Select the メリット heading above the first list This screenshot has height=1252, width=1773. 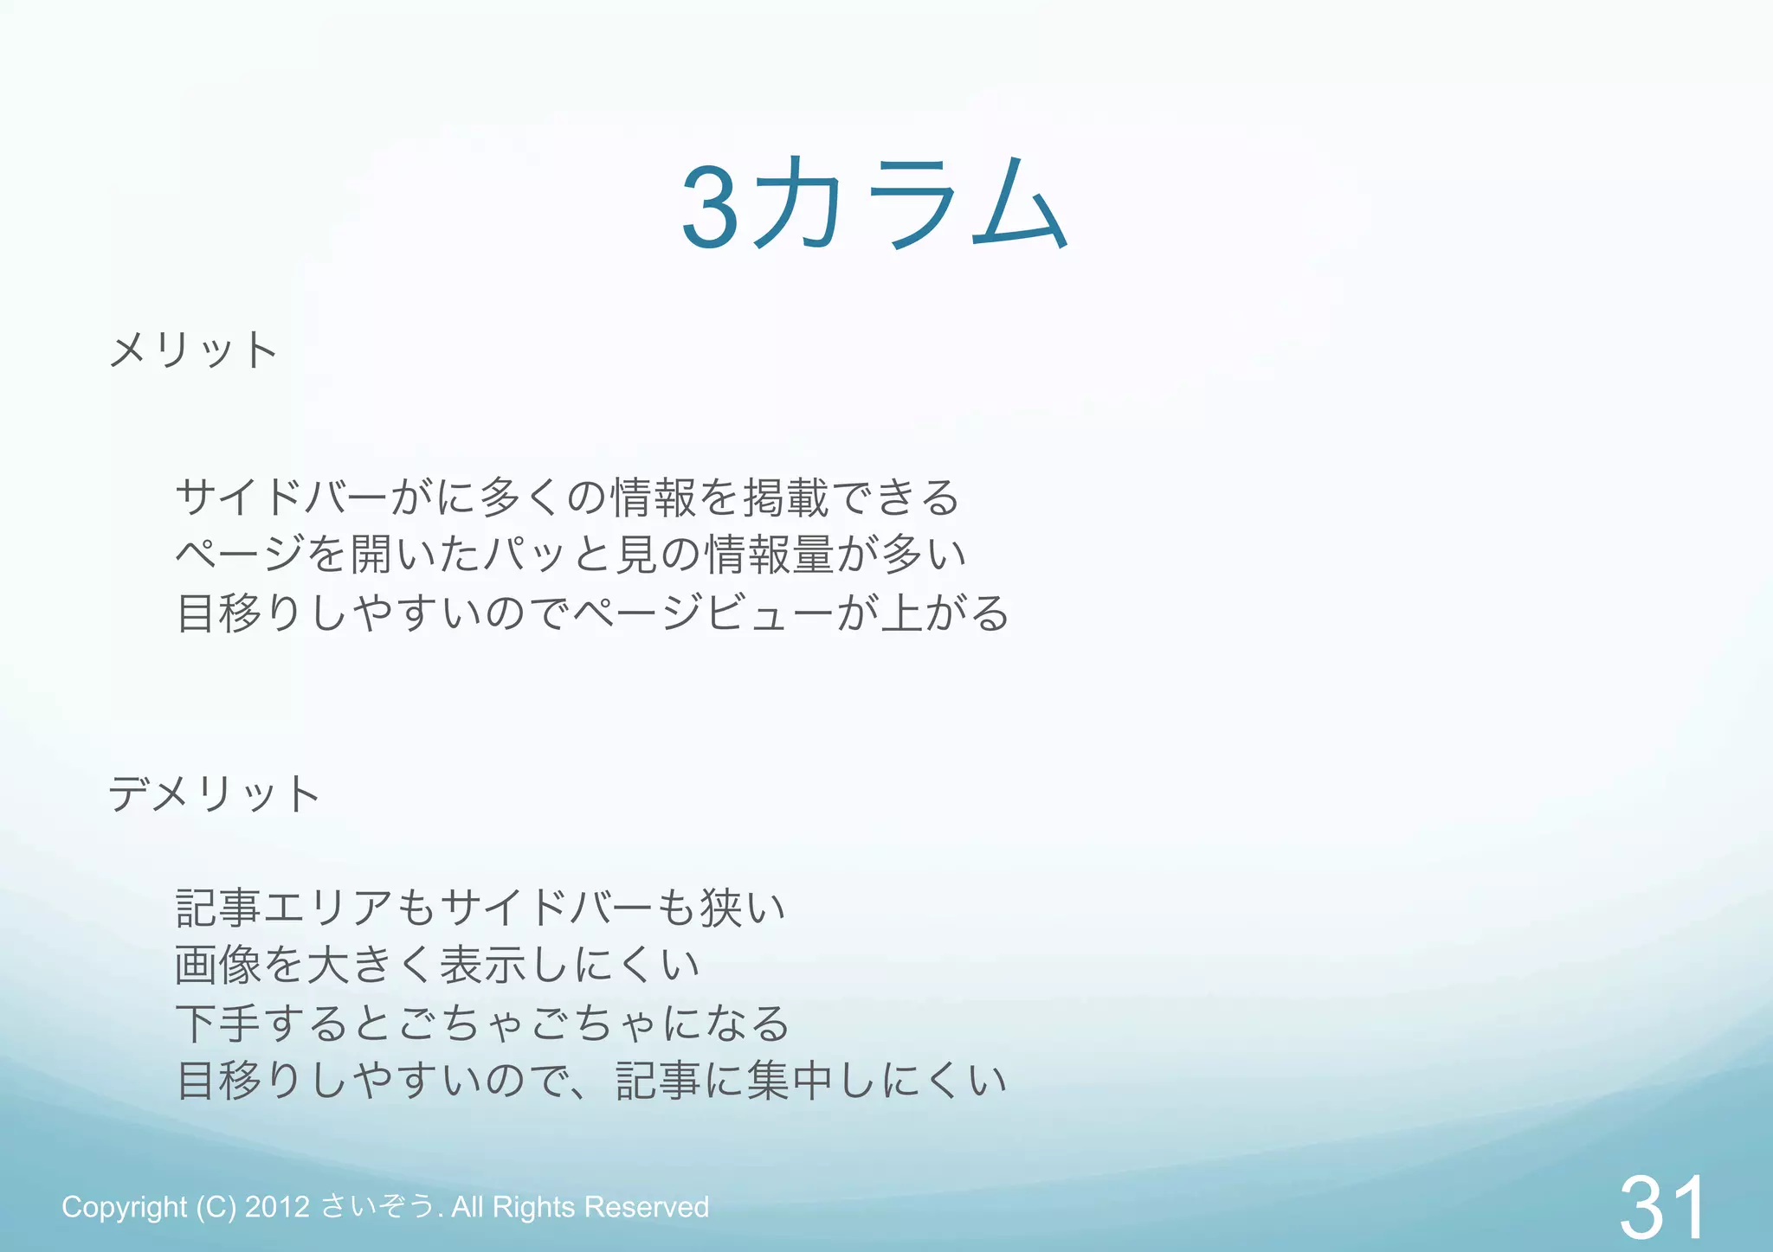(193, 350)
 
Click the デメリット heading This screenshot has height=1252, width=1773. (214, 793)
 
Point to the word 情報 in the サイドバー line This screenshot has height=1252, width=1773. (653, 498)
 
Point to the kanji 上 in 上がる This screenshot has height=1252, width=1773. (901, 613)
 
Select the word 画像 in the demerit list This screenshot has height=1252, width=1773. (218, 965)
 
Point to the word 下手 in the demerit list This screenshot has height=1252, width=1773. (218, 1024)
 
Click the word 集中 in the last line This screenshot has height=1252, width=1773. (790, 1082)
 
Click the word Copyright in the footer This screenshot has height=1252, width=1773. (124, 1207)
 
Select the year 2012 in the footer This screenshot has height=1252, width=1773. (277, 1207)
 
